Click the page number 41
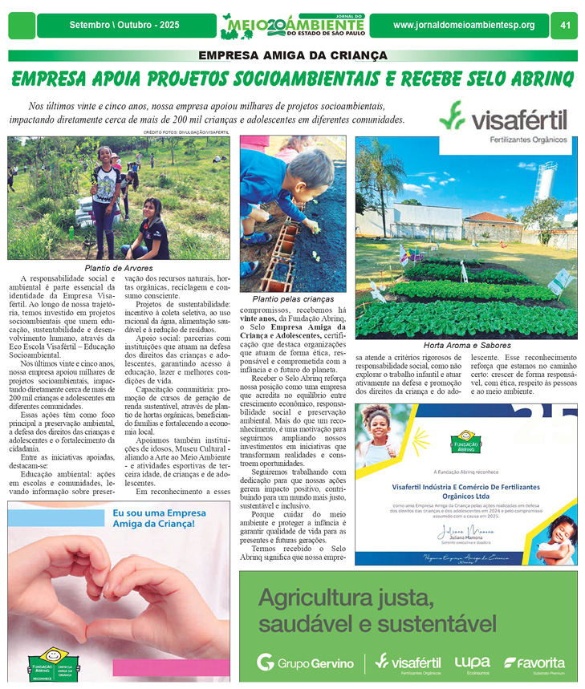[565, 26]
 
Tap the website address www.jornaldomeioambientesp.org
[464, 26]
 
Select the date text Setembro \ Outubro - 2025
[124, 26]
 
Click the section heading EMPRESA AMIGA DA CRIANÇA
[292, 56]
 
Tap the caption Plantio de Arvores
[118, 268]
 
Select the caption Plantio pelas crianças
[293, 298]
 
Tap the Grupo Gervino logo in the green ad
[305, 663]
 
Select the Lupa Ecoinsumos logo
[472, 663]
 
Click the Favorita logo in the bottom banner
[534, 663]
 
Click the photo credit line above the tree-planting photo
[185, 132]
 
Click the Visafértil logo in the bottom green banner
[408, 663]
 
